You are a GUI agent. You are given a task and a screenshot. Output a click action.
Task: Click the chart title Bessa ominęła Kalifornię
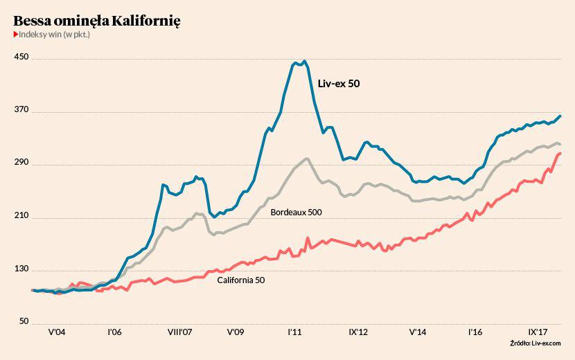[97, 21]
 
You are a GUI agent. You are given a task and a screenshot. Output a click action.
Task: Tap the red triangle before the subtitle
[15, 35]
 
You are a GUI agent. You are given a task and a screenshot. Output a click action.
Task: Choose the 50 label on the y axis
[23, 322]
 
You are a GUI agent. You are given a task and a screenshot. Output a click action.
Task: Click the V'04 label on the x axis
[57, 332]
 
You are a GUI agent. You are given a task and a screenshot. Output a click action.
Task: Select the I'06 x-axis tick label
[114, 332]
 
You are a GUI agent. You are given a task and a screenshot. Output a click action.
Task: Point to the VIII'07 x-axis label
[180, 332]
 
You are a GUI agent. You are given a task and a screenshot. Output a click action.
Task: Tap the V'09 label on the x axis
[236, 332]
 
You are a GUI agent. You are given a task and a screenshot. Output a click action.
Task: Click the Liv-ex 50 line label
[339, 84]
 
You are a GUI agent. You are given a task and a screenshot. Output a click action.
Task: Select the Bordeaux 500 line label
[297, 212]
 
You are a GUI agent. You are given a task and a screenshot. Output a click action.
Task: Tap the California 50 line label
[241, 280]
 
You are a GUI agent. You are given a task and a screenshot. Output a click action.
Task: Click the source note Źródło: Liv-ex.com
[535, 343]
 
